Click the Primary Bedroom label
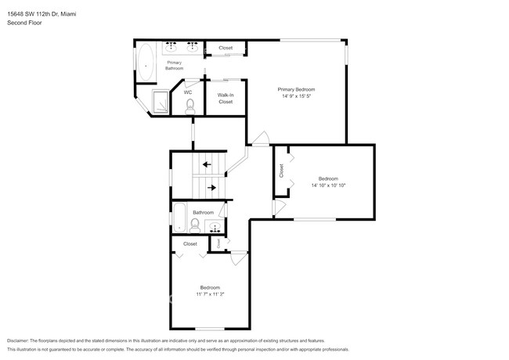point(296,89)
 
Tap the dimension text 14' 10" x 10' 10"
point(328,185)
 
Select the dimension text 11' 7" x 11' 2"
point(209,295)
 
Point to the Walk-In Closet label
point(226,99)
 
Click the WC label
point(188,92)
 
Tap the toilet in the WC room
point(190,108)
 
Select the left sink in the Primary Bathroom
point(171,46)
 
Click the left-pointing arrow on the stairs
point(206,164)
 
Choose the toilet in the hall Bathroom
point(193,225)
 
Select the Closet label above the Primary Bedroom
point(226,48)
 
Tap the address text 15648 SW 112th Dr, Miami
point(52,12)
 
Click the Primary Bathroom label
point(174,65)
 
